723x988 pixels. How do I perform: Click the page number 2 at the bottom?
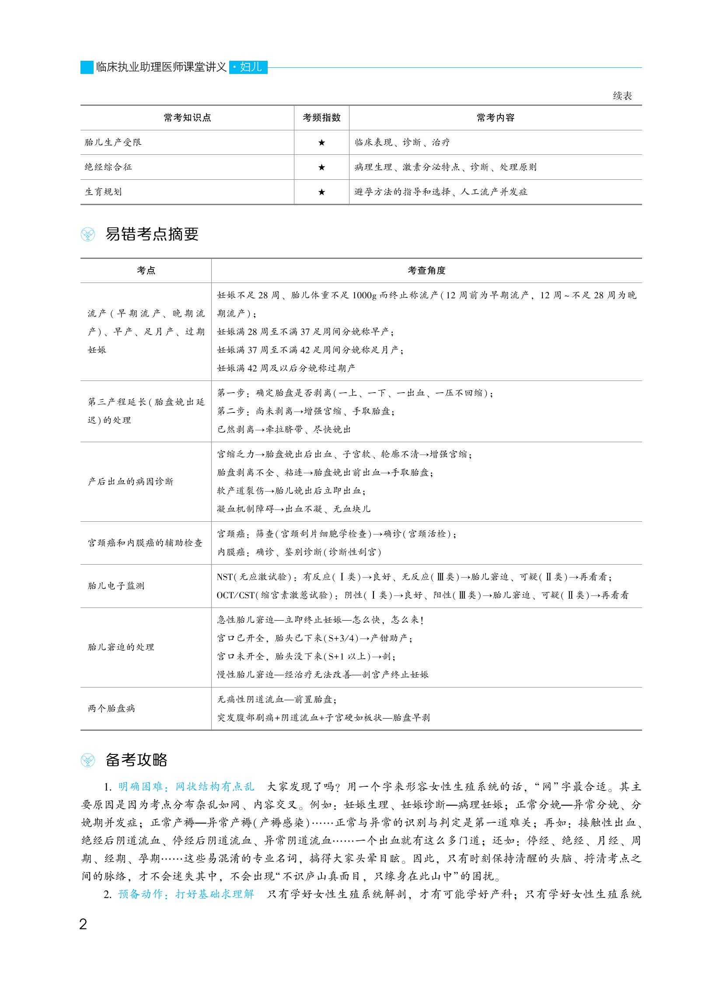pos(83,925)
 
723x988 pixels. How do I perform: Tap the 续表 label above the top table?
pos(622,96)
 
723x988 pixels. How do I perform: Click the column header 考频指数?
pos(321,118)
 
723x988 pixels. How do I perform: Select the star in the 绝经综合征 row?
pos(321,167)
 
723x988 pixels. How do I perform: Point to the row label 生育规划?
pos(103,192)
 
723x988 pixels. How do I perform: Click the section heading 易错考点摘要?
pos(152,234)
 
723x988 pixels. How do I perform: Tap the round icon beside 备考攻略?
pos(88,761)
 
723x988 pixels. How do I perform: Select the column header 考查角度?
pos(426,270)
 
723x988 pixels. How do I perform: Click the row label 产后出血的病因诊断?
pos(130,482)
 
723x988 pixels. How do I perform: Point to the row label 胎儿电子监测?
pos(116,586)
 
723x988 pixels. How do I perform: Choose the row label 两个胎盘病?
pos(111,709)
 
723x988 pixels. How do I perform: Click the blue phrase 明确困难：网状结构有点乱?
pos(186,787)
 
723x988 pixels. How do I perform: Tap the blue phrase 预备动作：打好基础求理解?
pos(186,894)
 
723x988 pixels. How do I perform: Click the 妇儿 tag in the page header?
pos(248,67)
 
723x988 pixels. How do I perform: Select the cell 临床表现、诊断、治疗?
pos(402,142)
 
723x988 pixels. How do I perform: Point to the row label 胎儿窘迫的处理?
pos(121,647)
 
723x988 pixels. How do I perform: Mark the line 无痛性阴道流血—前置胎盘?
pos(276,699)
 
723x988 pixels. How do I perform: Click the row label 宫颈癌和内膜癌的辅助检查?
pos(145,543)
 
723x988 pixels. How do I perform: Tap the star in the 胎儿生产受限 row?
pos(321,142)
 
